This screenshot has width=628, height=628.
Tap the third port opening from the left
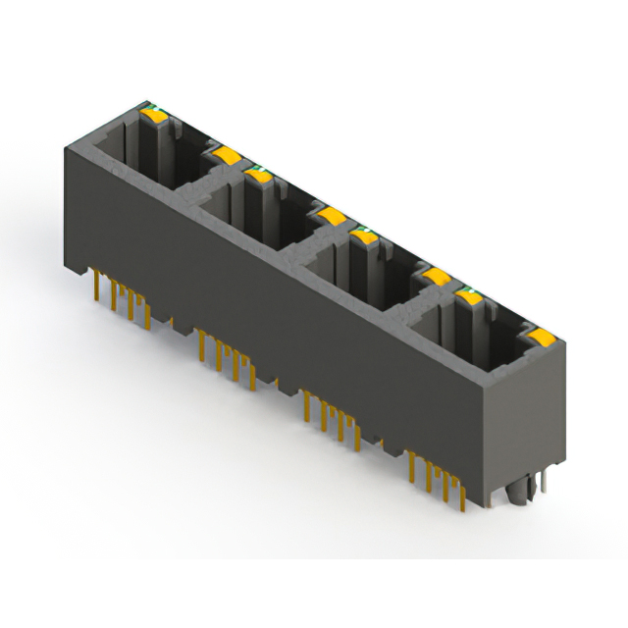[358, 265]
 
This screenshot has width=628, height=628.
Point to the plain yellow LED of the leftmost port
[225, 154]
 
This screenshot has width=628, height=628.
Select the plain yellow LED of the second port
[330, 215]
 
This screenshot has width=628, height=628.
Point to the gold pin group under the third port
[332, 412]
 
